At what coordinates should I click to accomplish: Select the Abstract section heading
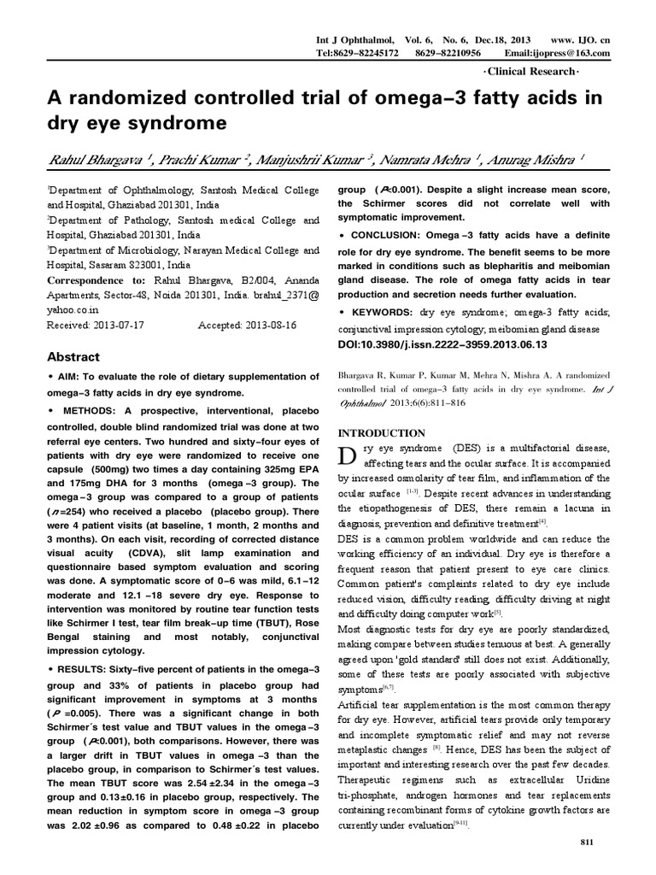point(73,357)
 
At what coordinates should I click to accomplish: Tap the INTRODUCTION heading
point(383,433)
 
